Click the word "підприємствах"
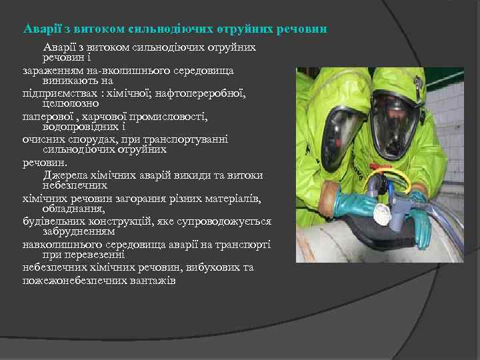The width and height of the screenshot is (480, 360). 55,93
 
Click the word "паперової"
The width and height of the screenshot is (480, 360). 47,117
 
